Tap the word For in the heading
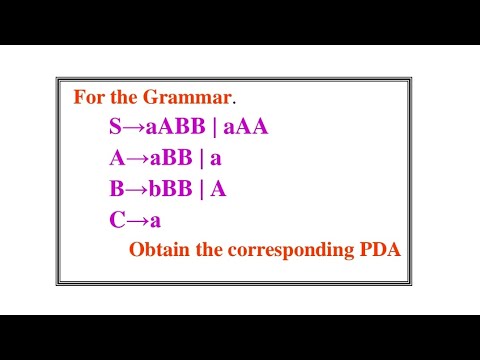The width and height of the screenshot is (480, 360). coord(90,99)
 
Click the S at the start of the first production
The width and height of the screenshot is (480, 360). coord(115,128)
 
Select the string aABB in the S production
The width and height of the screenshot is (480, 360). coord(176,128)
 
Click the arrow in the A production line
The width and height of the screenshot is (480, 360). coord(135,158)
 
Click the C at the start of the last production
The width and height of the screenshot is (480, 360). coord(116,219)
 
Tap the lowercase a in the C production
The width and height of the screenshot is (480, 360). coord(154,220)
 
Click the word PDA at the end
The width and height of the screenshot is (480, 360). coord(379,250)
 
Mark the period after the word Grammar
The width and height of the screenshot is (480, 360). coord(235,103)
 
